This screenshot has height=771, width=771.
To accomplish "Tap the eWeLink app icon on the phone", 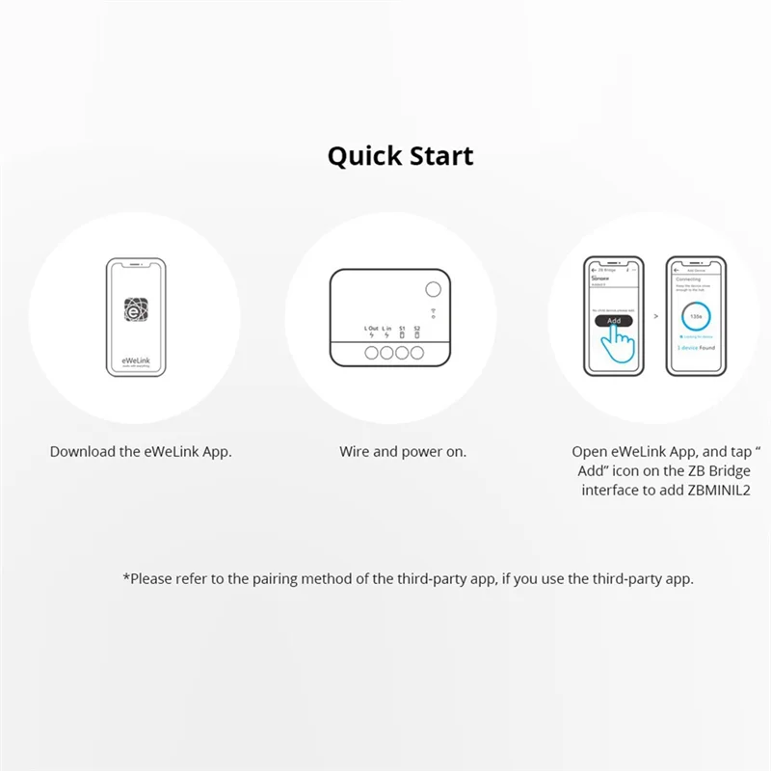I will point(134,310).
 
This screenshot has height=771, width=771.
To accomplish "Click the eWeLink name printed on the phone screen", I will point(134,358).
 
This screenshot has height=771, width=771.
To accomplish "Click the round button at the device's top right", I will point(433,288).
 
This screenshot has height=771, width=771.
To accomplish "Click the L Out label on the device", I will point(372,329).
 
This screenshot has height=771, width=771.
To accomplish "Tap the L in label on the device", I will point(386,329).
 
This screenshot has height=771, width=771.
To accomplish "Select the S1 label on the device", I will point(402,329).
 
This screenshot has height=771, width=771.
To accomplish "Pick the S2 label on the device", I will point(417,329).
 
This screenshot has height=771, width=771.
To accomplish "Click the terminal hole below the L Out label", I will point(372,354).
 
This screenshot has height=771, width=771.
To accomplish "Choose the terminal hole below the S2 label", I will point(417,354).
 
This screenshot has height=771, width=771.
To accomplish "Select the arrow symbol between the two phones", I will point(656,314).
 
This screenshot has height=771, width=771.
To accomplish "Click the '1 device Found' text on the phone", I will point(696,347).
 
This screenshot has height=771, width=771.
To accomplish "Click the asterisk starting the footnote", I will point(126,577).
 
